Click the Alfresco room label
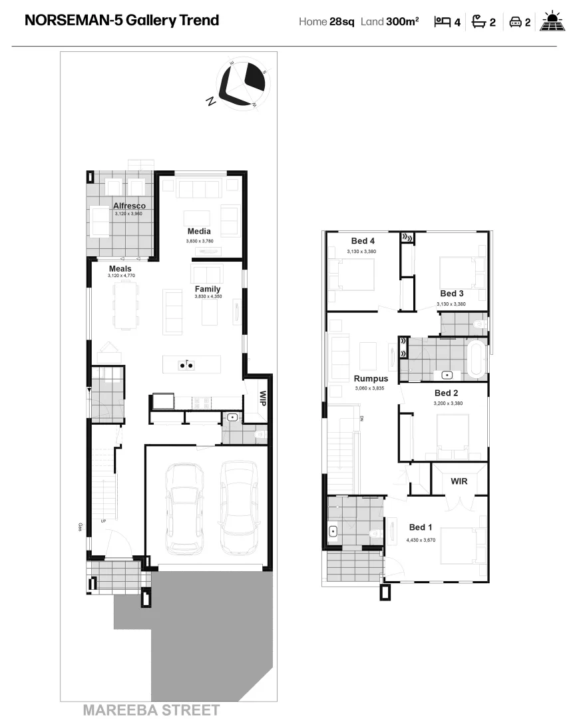tap(129, 206)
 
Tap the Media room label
tap(199, 231)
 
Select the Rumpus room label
tap(371, 379)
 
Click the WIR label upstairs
tap(459, 481)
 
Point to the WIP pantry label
tap(263, 399)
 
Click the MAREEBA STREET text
tap(151, 710)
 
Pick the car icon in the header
tap(515, 22)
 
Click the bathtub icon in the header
tap(478, 21)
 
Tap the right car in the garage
tap(238, 508)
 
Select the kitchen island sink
tap(186, 364)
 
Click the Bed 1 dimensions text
tap(421, 541)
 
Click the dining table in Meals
tap(126, 306)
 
